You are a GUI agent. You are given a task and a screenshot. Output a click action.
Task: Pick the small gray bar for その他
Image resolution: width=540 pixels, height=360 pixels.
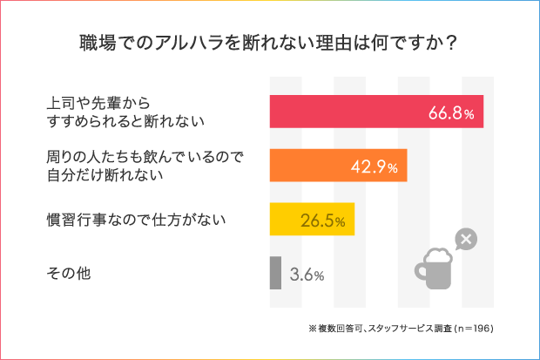[x=275, y=273]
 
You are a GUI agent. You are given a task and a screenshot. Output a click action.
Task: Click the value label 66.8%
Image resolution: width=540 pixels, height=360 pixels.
[x=450, y=113]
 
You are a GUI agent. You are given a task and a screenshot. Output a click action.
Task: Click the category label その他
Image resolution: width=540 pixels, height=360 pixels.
[x=69, y=274]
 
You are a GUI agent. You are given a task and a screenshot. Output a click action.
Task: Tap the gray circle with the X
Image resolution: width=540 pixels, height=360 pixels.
[x=466, y=239]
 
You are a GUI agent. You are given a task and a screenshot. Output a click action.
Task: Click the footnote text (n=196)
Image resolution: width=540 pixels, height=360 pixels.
[x=471, y=329]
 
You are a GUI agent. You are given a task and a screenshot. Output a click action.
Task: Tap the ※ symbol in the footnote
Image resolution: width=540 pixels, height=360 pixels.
[x=312, y=329]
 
